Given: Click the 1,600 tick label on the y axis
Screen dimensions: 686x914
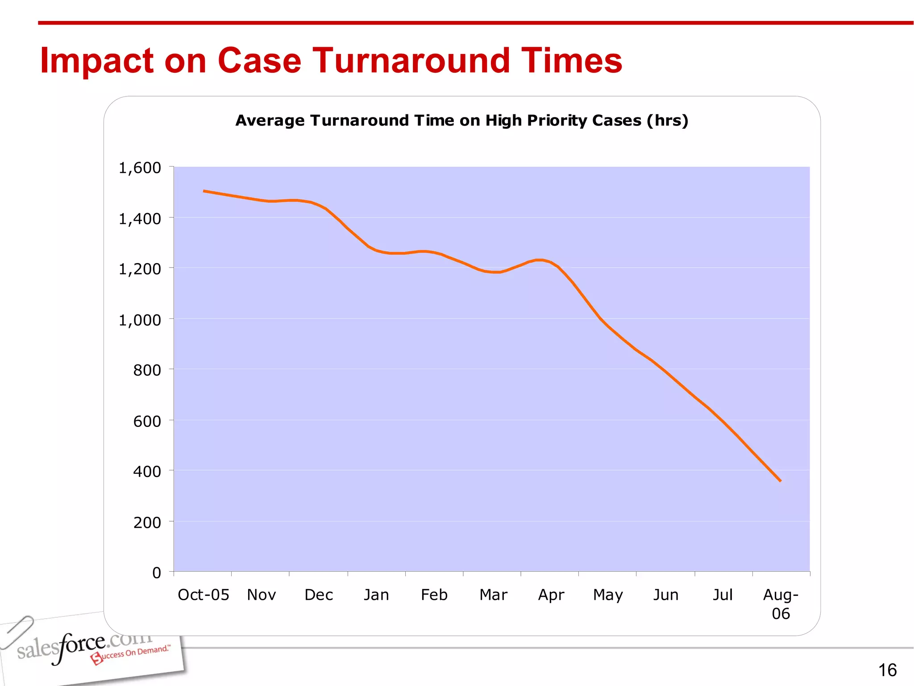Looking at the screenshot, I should [x=139, y=168].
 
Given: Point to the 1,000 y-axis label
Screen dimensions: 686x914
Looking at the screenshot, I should [x=139, y=320].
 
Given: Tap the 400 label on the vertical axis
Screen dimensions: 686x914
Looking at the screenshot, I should [x=147, y=472].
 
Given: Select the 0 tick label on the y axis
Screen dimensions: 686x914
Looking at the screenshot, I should [x=157, y=573].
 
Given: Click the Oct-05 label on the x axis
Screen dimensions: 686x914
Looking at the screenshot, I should [x=203, y=595].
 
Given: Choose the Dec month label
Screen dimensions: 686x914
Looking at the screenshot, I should [x=319, y=595].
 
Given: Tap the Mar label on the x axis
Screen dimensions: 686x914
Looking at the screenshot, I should [x=493, y=595].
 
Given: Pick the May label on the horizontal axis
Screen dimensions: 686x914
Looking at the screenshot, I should [x=608, y=595].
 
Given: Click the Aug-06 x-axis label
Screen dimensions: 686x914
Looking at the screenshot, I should [x=781, y=604].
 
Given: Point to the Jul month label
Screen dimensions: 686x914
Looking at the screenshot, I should [x=723, y=595].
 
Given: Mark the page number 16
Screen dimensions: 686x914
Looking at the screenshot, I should [x=887, y=670].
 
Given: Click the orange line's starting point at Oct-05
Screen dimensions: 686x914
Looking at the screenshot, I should [x=204, y=191].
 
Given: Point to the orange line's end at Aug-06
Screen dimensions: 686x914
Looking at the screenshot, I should [x=780, y=481].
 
